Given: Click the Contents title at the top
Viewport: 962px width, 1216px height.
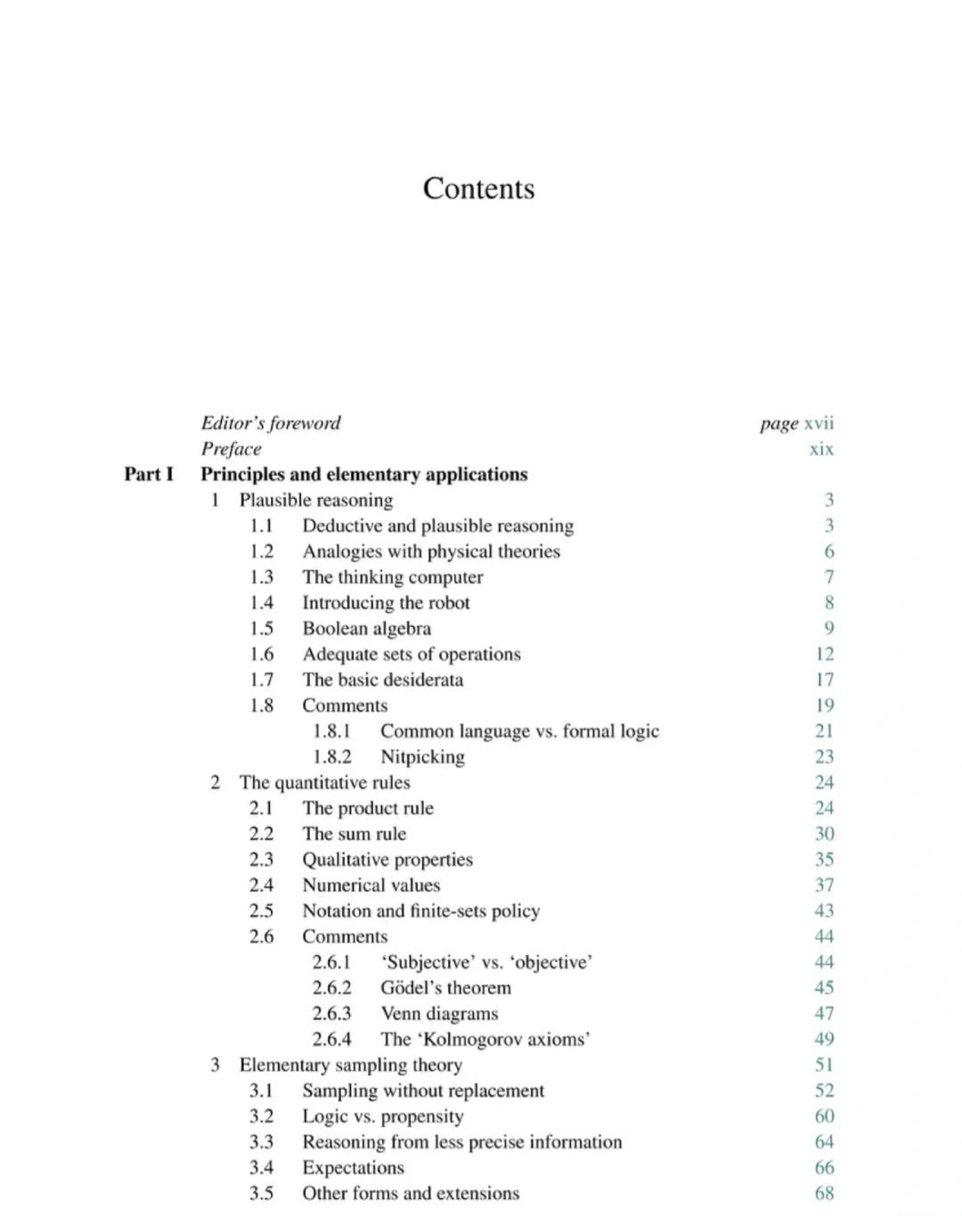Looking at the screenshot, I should pos(478,188).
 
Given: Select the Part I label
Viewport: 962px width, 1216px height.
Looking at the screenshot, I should pos(149,474).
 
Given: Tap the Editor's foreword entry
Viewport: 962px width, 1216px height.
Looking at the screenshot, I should pos(271,423).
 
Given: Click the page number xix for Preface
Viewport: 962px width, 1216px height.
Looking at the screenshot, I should pos(821,449).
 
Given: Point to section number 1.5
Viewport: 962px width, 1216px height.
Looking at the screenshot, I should pos(261,628).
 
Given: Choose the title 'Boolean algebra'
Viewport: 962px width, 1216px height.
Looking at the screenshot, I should pos(366,628).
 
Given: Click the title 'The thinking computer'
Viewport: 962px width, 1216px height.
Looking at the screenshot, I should pos(392,577).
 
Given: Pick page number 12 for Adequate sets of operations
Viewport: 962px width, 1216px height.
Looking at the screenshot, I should pos(824,654).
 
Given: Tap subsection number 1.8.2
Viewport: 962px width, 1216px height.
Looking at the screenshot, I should pos(331,756).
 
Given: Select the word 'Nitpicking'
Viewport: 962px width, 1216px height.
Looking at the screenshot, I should pos(422,756).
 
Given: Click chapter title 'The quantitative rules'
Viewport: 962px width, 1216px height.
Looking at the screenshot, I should pos(324,782).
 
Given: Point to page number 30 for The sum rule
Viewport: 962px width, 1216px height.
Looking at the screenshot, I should pos(824,834).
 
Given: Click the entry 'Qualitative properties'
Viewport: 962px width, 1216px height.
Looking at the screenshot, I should pos(387,860).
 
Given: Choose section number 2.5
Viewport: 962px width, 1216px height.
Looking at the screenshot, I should pos(261,910).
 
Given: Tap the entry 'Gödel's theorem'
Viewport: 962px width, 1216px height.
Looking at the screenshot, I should pos(445,988).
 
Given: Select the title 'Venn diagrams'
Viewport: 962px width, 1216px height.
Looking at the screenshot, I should pos(439,1014).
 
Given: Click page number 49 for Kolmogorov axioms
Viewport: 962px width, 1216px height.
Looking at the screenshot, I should pos(824,1039).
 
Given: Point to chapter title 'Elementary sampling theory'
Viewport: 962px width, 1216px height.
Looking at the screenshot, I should pos(350,1065).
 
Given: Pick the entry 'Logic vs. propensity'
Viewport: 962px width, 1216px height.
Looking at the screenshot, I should pos(382,1116).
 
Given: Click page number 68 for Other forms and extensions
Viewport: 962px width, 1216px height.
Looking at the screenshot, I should pos(824,1193).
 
